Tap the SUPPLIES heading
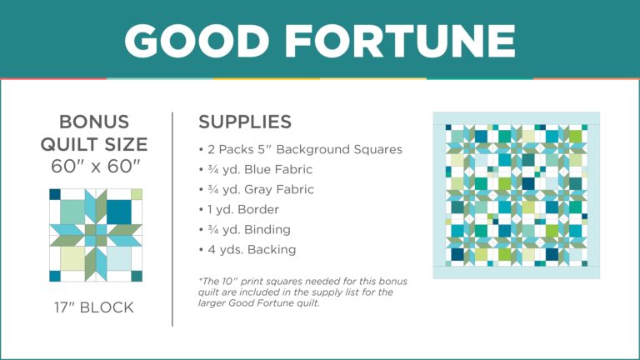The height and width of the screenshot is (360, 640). (245, 122)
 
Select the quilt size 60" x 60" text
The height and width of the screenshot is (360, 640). (94, 166)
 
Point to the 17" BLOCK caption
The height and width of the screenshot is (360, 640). (94, 307)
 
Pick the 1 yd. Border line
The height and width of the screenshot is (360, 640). (239, 209)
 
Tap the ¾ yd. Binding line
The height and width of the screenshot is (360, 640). (243, 229)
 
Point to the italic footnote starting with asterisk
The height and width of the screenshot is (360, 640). (302, 291)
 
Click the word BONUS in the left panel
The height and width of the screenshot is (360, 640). (94, 121)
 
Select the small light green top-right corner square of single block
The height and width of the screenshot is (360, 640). (137, 194)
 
